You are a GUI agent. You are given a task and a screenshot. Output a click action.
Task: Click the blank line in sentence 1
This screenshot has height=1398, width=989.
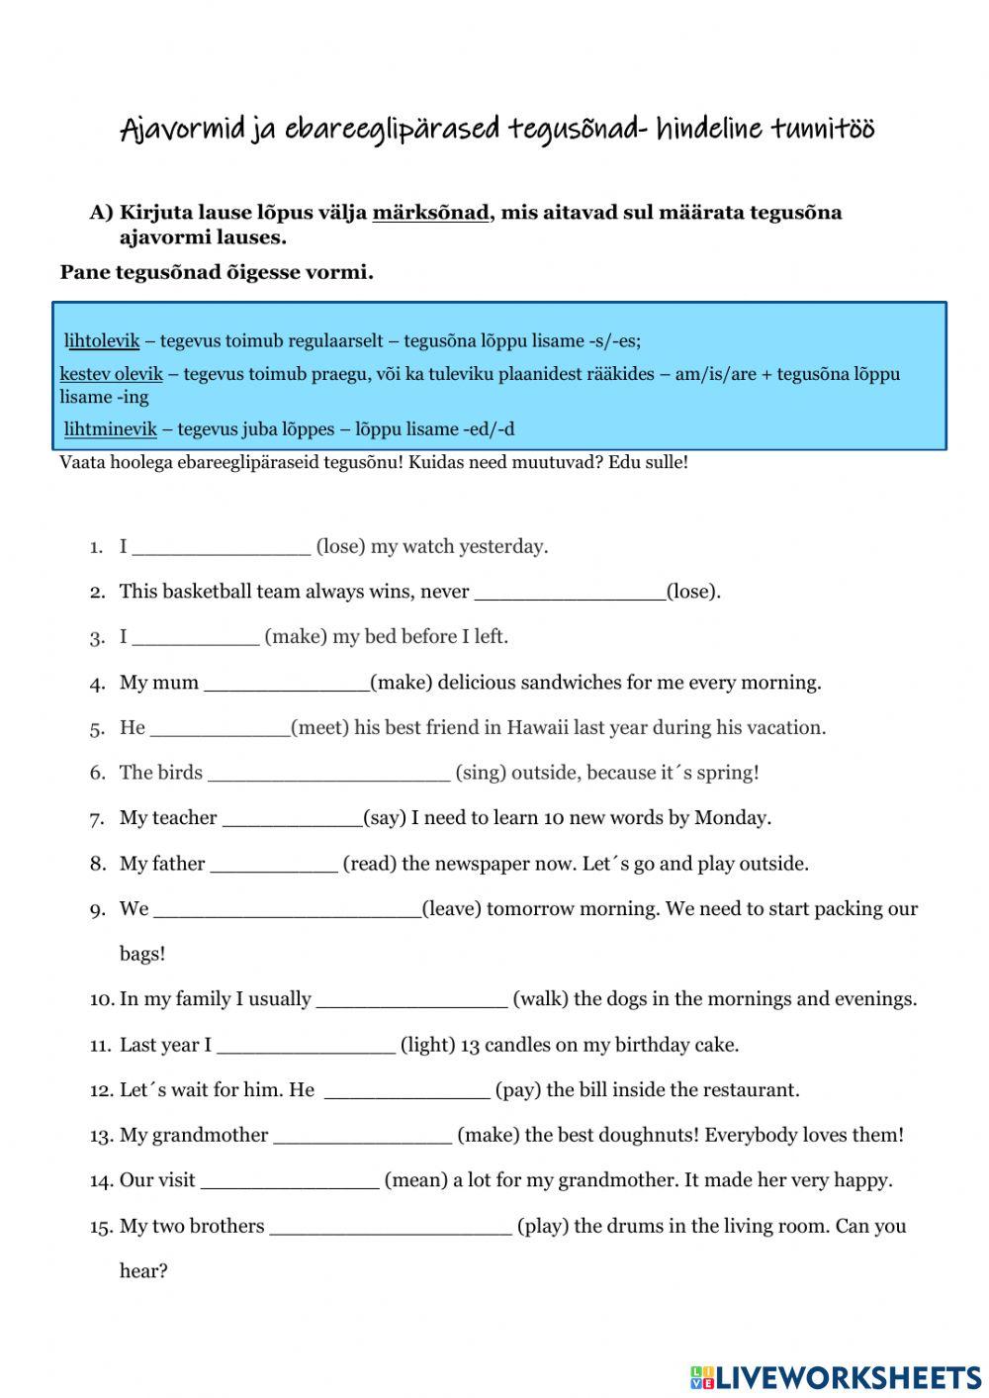(x=221, y=547)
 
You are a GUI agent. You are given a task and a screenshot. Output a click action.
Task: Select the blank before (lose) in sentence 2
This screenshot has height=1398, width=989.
(x=570, y=593)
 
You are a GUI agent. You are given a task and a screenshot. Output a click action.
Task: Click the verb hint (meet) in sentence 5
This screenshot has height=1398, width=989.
(x=320, y=728)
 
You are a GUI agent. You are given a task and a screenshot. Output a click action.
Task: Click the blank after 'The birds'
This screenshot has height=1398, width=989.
(x=329, y=774)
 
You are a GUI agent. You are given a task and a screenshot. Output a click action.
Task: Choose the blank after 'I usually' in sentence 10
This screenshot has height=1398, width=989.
(x=411, y=1000)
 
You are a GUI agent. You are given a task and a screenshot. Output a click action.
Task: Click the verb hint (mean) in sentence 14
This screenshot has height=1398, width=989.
(x=415, y=1180)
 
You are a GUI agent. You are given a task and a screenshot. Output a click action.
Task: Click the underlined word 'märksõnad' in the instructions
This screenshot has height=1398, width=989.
(x=430, y=213)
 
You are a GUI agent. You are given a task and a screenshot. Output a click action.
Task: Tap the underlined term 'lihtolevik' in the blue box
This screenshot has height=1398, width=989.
(x=102, y=341)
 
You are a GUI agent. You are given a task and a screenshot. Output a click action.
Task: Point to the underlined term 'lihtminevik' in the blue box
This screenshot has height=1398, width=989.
(x=110, y=429)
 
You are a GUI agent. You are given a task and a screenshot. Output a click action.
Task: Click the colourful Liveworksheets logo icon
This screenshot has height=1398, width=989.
(x=701, y=1376)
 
